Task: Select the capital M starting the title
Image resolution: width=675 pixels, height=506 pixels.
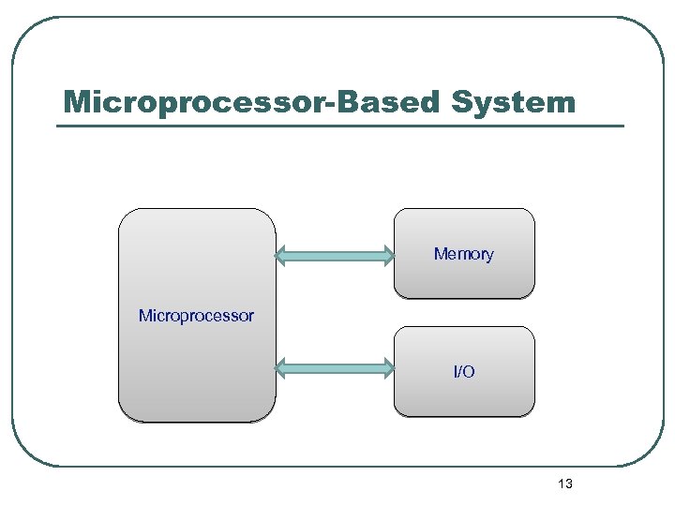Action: click(x=78, y=102)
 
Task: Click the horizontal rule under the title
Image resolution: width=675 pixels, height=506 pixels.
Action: click(x=339, y=126)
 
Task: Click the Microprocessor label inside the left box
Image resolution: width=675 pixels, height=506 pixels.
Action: click(x=196, y=316)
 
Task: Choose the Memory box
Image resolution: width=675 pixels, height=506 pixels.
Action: click(x=464, y=276)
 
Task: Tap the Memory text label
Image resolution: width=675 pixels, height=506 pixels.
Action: click(x=463, y=254)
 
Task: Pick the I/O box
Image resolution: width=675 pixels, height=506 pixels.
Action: click(x=464, y=394)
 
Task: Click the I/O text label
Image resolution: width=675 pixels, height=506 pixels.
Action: click(x=464, y=372)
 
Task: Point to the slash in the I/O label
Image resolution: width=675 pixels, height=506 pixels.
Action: click(x=464, y=372)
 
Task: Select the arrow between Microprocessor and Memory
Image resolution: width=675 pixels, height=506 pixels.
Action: click(x=335, y=254)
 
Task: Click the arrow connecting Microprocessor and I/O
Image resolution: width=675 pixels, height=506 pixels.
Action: click(x=335, y=369)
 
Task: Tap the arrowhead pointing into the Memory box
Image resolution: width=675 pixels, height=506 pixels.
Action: click(x=387, y=254)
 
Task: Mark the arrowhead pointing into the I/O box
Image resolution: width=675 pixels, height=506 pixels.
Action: click(x=387, y=369)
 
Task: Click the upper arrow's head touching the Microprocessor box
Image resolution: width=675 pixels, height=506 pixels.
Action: click(x=282, y=254)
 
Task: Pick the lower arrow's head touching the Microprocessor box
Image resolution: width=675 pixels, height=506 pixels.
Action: click(x=282, y=369)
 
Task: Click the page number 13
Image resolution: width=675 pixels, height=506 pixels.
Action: click(x=564, y=484)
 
